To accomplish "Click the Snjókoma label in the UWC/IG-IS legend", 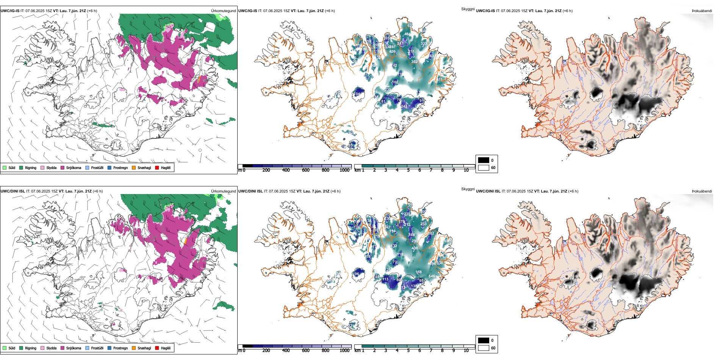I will [74, 168].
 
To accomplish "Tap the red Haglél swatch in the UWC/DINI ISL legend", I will [157, 348].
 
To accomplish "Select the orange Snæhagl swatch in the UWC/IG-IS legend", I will [134, 168].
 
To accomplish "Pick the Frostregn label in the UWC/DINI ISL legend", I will [120, 348].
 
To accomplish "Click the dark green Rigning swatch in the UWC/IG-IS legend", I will [21, 168].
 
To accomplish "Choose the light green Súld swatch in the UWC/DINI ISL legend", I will [5, 348].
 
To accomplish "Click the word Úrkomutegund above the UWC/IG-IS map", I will [223, 11].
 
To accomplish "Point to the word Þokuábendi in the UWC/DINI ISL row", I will [702, 191].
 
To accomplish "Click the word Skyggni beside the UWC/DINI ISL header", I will [468, 189].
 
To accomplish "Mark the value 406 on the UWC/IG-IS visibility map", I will [392, 52].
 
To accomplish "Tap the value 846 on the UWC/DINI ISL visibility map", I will [432, 276].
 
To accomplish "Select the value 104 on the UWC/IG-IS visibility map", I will [357, 94].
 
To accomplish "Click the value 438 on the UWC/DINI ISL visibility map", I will [415, 248].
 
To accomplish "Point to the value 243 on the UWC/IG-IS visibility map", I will [404, 106].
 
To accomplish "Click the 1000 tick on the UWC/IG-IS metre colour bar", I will [344, 170].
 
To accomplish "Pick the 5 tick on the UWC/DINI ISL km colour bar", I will [408, 351].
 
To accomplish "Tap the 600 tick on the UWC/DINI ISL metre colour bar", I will [305, 351].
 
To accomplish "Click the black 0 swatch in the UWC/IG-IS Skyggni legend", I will [484, 160].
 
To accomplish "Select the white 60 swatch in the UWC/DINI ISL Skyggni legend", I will [484, 348].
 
